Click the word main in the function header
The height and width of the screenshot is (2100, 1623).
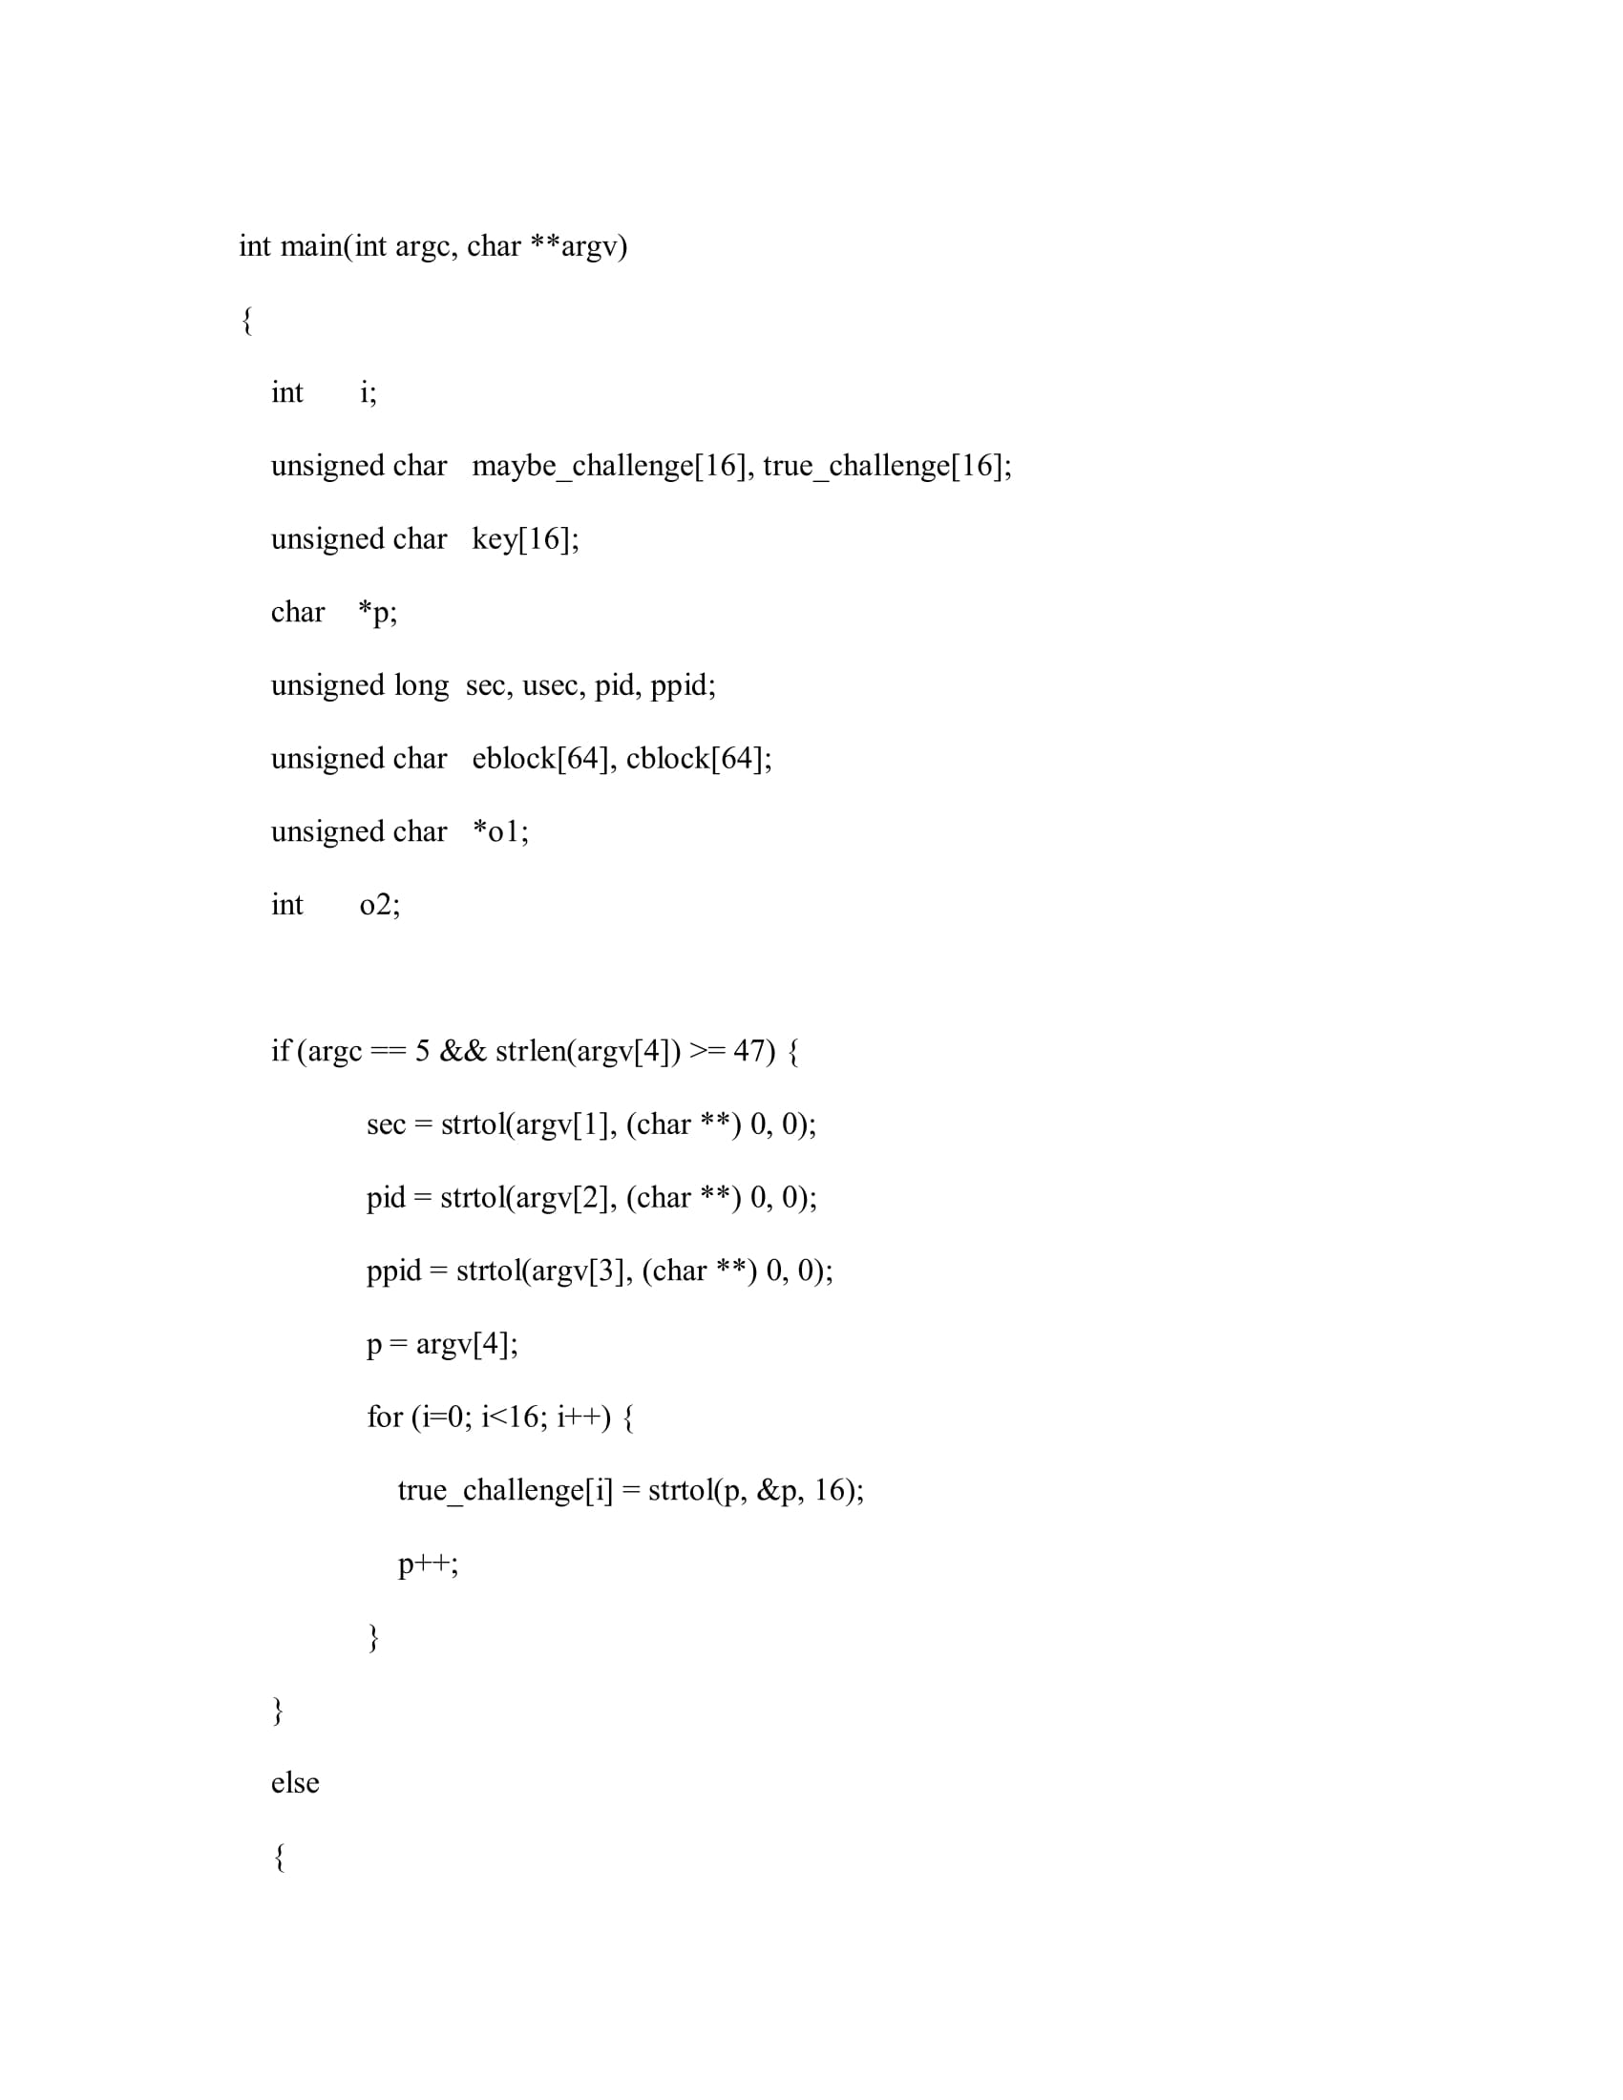[x=310, y=246]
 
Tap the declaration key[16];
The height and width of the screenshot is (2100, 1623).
[x=525, y=539]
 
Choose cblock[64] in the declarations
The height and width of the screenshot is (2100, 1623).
[x=696, y=759]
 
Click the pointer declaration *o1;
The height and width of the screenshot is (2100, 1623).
[x=500, y=831]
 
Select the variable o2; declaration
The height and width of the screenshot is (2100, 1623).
[x=380, y=905]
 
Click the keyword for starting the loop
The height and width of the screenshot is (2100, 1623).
[x=384, y=1417]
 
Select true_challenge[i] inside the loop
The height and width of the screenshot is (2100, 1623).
[x=505, y=1489]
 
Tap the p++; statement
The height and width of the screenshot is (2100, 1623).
[x=428, y=1564]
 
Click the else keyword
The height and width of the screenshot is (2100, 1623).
[x=294, y=1782]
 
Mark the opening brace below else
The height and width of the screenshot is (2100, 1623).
[x=280, y=1857]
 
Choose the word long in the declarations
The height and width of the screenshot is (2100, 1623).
[x=421, y=685]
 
